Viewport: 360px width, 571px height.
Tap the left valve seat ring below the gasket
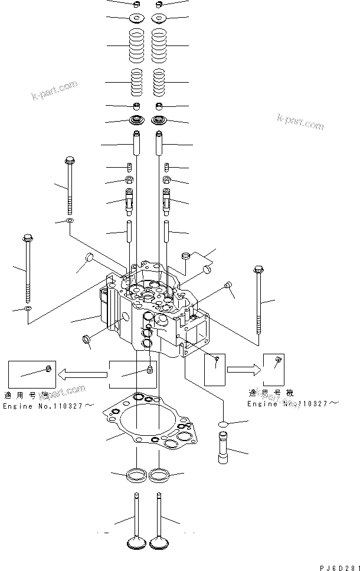[x=137, y=474]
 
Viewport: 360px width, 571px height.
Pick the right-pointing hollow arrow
[x=242, y=370]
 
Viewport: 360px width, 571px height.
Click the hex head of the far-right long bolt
[x=258, y=270]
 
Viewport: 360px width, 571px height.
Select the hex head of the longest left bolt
[x=27, y=239]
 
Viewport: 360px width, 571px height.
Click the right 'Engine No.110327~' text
[x=293, y=403]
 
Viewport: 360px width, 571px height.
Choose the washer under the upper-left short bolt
[x=70, y=221]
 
